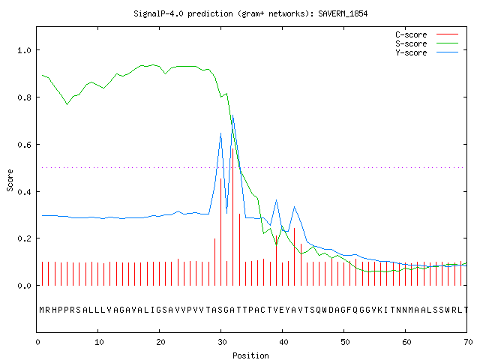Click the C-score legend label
(x=411, y=34)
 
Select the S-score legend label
(x=411, y=43)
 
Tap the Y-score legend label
(x=411, y=52)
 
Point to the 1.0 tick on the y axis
(x=25, y=50)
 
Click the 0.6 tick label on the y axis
(x=25, y=145)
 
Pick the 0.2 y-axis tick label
(x=25, y=238)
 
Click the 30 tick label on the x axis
(x=222, y=342)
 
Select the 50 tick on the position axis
(x=345, y=342)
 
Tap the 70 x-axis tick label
(x=468, y=342)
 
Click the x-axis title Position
(x=250, y=355)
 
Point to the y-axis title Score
(x=10, y=180)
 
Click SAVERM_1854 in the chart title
(x=343, y=13)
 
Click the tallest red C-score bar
(x=233, y=217)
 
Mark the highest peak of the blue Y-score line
(x=233, y=115)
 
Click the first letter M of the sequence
(x=42, y=310)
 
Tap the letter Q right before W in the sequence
(x=318, y=310)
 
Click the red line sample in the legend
(x=447, y=34)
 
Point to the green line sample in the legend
(x=447, y=43)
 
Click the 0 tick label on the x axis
(x=38, y=342)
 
